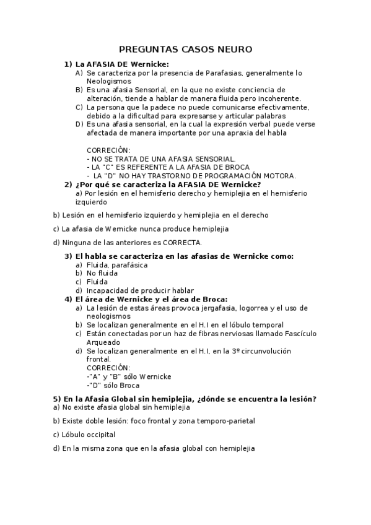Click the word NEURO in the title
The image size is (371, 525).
(x=235, y=49)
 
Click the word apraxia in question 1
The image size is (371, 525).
(x=247, y=132)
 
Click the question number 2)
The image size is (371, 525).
(x=69, y=184)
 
